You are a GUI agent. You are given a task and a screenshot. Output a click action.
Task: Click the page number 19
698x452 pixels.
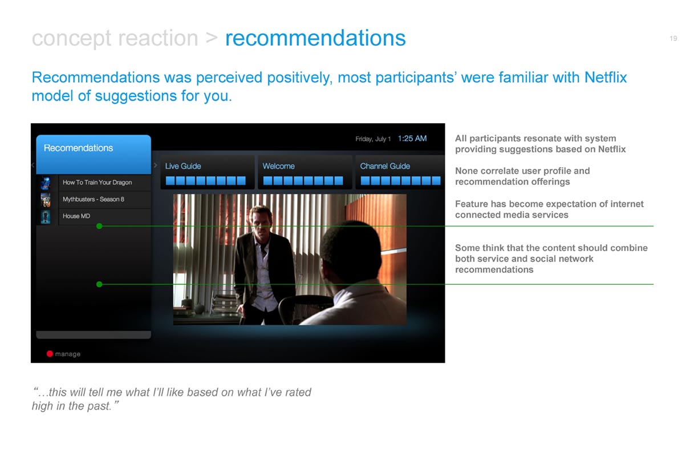[x=673, y=38]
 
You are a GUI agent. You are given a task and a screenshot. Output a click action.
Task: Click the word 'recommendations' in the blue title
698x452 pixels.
[x=315, y=38]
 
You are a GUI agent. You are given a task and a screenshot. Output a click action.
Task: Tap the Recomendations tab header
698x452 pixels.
[x=78, y=148]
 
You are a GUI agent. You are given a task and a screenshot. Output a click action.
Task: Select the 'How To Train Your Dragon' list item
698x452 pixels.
[x=97, y=182]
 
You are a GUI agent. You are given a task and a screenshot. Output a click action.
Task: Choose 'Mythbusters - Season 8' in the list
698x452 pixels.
[x=94, y=199]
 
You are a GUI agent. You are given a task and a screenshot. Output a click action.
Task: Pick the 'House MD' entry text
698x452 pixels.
[x=76, y=216]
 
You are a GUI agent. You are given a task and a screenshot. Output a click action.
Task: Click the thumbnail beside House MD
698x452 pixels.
[x=46, y=216]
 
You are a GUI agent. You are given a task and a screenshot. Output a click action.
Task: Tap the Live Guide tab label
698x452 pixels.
[x=183, y=166]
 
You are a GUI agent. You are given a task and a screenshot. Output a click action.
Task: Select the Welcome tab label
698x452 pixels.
[x=279, y=166]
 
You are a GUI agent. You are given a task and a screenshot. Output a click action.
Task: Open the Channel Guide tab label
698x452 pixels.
[x=385, y=166]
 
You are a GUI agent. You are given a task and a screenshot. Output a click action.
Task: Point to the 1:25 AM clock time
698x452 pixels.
[x=412, y=139]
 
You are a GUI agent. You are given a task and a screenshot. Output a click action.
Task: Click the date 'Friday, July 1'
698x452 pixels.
[x=373, y=139]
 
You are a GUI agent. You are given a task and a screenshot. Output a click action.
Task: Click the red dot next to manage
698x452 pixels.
[x=50, y=354]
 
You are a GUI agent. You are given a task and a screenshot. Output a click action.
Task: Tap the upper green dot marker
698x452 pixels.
[x=99, y=226]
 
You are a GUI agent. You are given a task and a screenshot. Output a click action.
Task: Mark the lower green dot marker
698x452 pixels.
[x=99, y=284]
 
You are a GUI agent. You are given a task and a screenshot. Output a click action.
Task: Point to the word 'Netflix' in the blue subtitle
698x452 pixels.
[x=606, y=78]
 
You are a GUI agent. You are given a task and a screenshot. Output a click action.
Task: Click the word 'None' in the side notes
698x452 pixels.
[x=465, y=171]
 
